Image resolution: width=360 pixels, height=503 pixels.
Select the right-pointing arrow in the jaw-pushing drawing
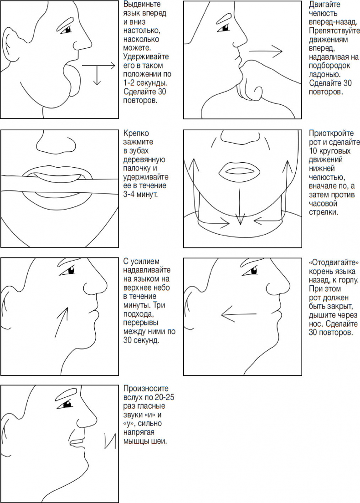[266, 51]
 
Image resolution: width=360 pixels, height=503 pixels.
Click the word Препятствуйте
[334, 31]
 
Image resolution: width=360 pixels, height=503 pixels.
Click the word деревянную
[144, 159]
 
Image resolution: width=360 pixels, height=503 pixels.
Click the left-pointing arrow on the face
[239, 314]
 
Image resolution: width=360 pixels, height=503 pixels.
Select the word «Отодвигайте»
[334, 263]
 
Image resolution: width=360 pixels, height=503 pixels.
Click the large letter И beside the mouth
[110, 440]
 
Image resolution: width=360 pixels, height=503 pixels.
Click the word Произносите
[146, 389]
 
